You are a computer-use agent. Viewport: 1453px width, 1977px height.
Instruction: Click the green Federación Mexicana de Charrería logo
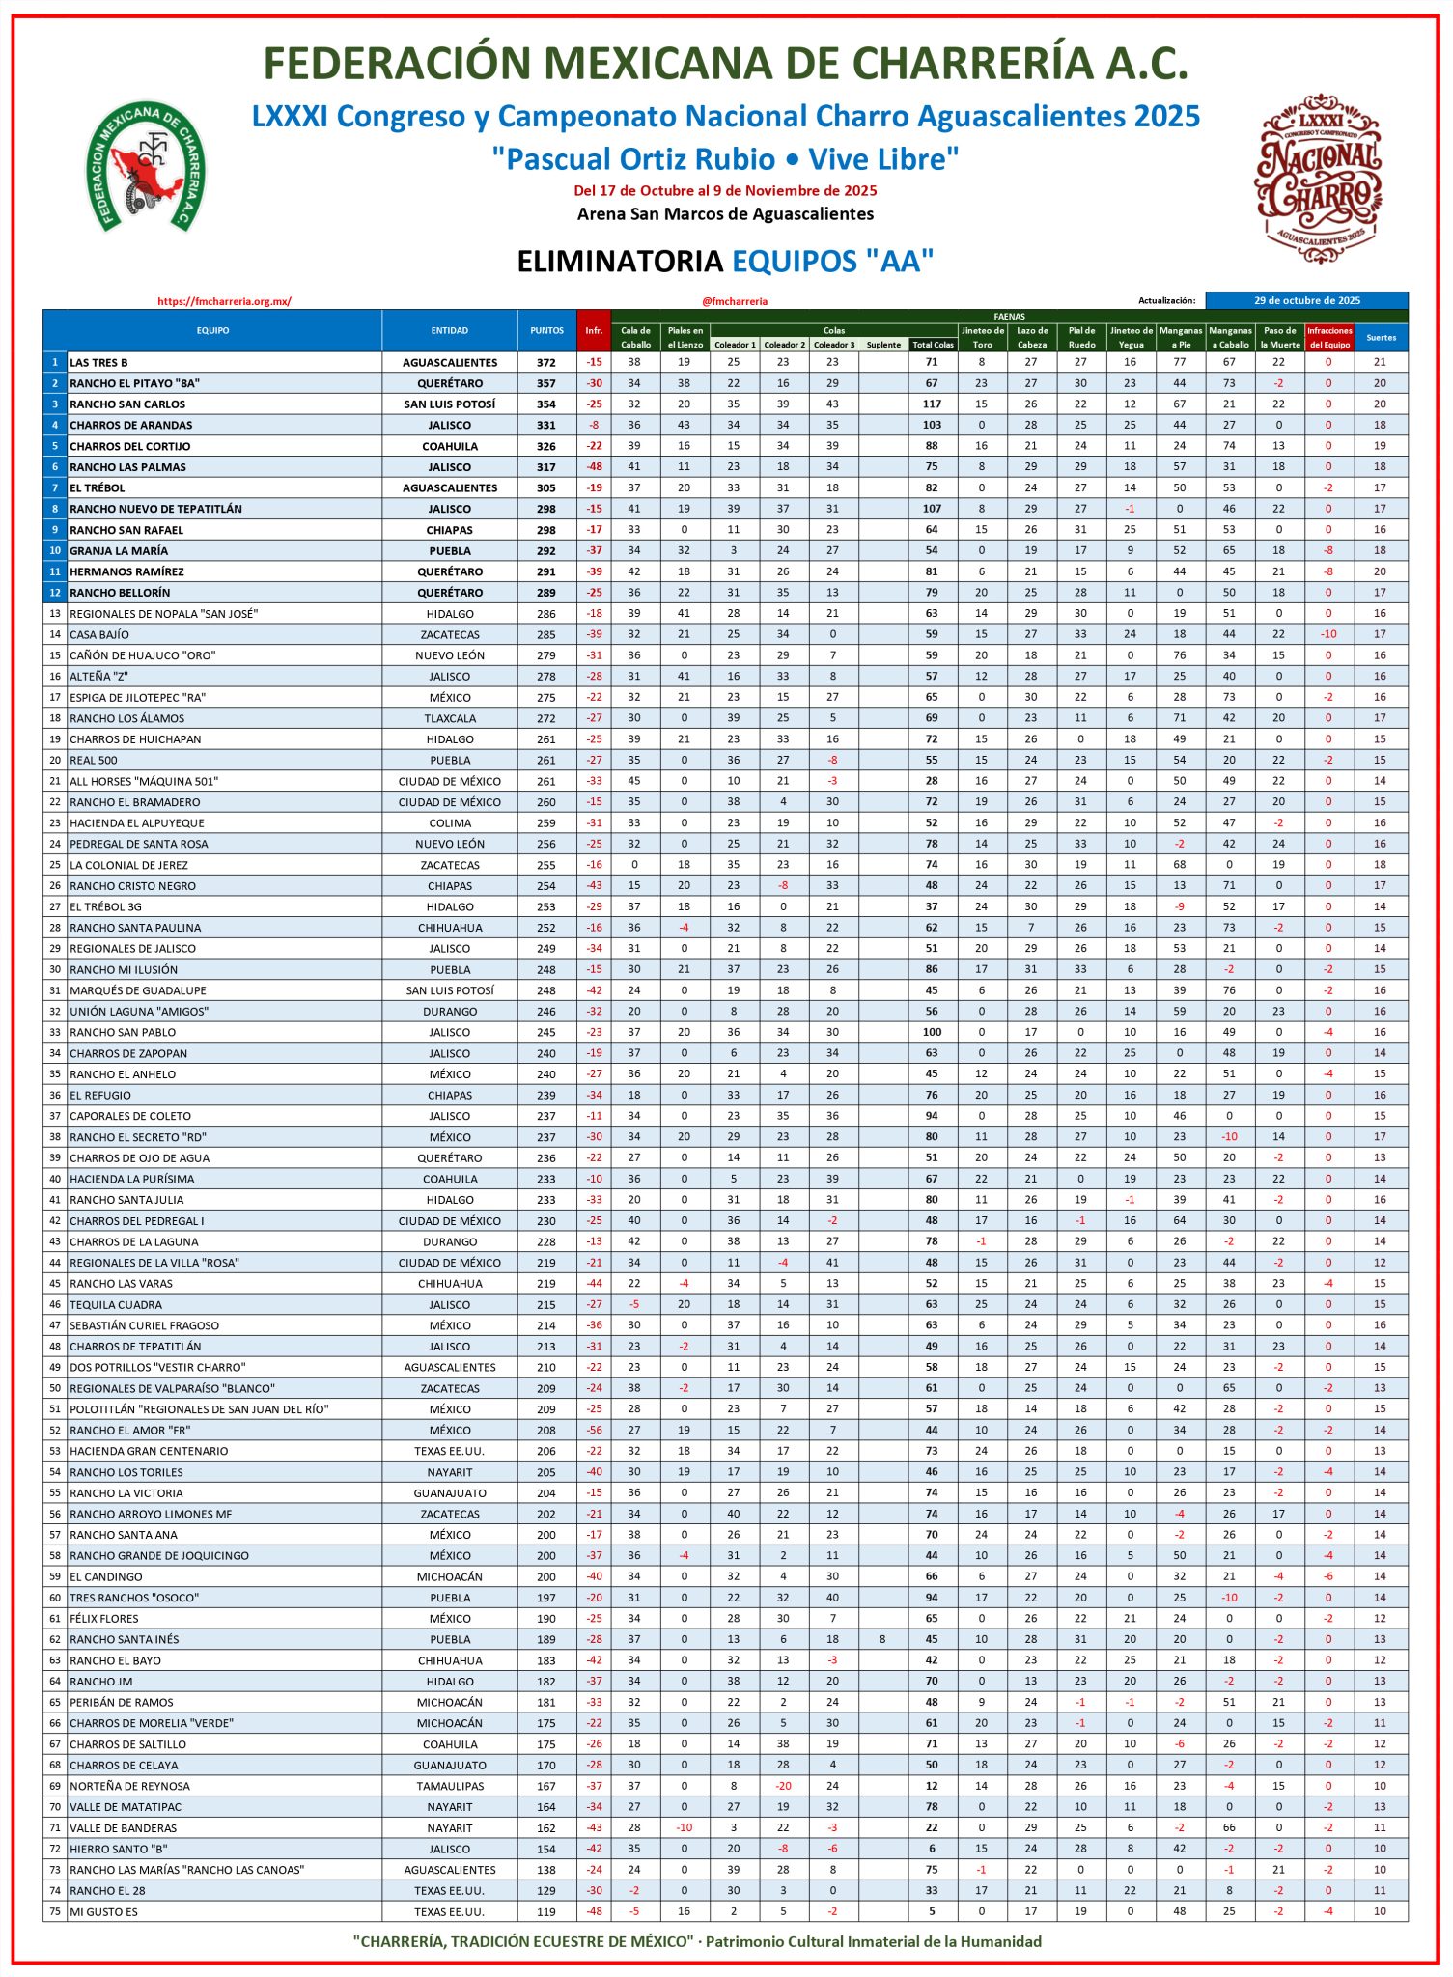tap(145, 167)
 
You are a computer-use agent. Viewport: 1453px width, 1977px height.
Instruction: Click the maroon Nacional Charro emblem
tap(1318, 179)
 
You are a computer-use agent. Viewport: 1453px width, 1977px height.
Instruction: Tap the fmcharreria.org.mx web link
tap(224, 301)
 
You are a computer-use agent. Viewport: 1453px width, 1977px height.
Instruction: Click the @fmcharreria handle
tap(735, 301)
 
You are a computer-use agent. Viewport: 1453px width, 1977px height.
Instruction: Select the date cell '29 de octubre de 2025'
tap(1306, 300)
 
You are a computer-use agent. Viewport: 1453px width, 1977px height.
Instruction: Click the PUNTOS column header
tap(546, 330)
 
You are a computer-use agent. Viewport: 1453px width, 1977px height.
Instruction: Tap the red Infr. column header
tap(594, 330)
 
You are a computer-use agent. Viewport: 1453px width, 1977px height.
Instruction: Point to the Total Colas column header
tap(933, 345)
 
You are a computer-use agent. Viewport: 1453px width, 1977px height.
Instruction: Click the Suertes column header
tap(1381, 337)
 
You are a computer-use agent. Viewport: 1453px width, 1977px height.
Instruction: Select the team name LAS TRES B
tap(98, 363)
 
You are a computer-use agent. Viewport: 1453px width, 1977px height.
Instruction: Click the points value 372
tap(546, 363)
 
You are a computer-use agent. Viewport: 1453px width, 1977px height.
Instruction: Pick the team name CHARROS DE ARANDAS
tap(130, 426)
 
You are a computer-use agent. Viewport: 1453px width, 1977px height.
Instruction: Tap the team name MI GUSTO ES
tap(103, 1912)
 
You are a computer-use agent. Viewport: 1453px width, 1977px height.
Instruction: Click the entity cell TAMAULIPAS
tap(450, 1787)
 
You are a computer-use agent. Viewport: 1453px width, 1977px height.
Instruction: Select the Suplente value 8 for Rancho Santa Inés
tap(882, 1639)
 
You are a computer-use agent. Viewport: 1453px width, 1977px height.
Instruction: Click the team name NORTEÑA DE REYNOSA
tap(129, 1787)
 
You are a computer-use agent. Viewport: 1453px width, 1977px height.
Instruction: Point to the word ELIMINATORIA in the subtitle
tap(620, 262)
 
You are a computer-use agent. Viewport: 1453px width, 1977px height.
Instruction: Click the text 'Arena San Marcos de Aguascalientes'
tap(725, 214)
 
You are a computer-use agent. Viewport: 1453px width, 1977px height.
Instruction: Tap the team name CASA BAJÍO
tap(98, 635)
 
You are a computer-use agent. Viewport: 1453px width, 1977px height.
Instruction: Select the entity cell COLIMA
tap(450, 823)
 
